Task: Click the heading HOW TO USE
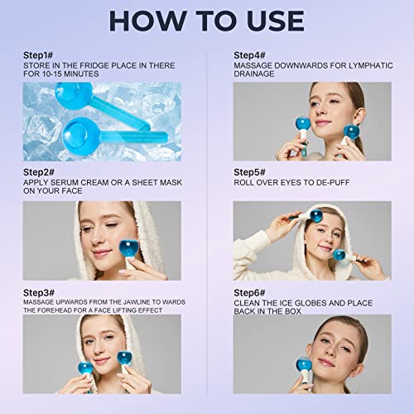coord(207,19)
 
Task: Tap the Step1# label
coord(40,54)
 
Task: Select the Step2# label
coord(40,171)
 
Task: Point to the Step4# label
coord(250,54)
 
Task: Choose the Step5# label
coord(250,174)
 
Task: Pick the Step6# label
coord(250,291)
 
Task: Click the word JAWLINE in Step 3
coord(127,301)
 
